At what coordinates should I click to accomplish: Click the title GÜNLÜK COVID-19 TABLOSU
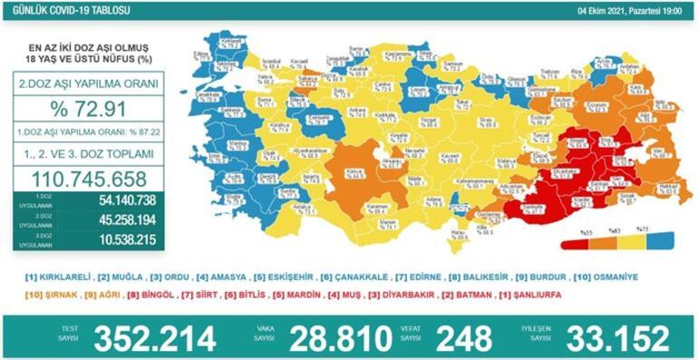point(65,8)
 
